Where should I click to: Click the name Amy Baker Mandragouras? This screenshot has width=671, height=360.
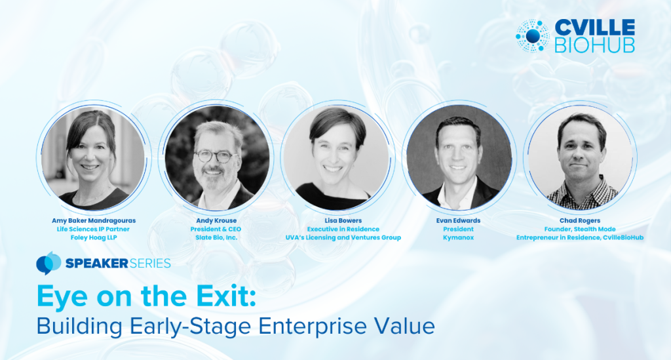coord(94,221)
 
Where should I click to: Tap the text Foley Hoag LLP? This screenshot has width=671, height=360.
coord(94,237)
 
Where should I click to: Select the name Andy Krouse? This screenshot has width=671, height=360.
coord(216,221)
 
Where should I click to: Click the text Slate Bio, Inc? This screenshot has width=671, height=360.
coord(216,237)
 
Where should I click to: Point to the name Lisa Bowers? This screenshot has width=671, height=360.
coord(343,221)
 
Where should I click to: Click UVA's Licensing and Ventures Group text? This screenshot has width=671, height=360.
coord(343,237)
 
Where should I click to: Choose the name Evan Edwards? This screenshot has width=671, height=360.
coord(458,221)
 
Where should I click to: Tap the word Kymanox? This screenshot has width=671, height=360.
coord(458,237)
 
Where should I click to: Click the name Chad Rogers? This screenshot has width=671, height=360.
coord(580,221)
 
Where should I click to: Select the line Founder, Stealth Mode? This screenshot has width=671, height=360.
coord(580,230)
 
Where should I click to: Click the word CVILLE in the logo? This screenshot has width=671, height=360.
coord(595,28)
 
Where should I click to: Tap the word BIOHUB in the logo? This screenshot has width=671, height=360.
coord(595,45)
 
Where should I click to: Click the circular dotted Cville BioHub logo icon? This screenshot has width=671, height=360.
coord(533,36)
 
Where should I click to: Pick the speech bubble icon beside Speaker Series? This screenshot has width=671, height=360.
coord(48,263)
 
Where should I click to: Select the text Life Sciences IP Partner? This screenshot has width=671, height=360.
coord(93,230)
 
